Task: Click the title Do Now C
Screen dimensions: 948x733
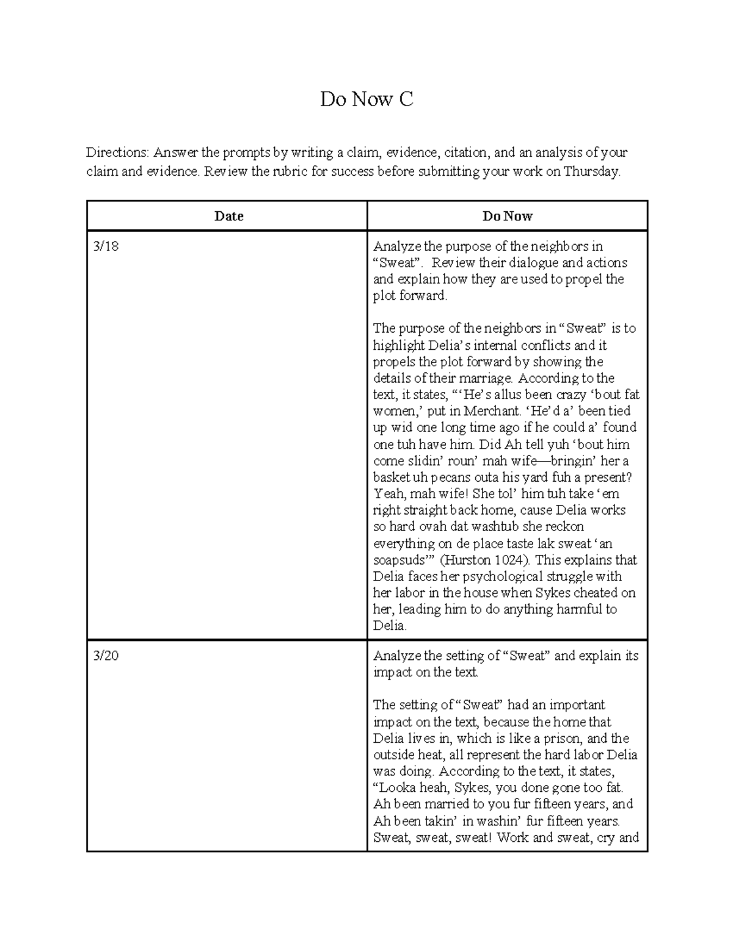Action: [366, 99]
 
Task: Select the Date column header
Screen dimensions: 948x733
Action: [228, 216]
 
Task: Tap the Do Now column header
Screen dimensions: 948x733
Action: [507, 216]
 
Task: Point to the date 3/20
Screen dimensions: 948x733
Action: [106, 656]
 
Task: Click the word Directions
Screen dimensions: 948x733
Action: [117, 153]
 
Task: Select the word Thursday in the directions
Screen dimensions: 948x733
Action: [591, 172]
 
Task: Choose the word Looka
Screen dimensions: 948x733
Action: [396, 788]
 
